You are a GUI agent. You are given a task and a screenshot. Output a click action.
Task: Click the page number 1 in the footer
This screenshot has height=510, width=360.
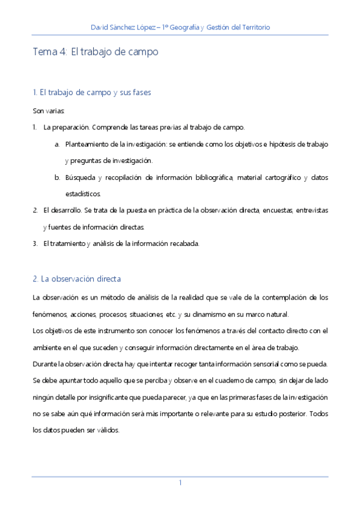pyautogui.click(x=180, y=483)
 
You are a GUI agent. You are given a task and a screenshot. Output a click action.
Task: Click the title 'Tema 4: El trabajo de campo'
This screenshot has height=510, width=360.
pyautogui.click(x=96, y=52)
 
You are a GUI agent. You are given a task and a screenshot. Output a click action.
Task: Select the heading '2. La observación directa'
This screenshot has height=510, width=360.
pyautogui.click(x=77, y=279)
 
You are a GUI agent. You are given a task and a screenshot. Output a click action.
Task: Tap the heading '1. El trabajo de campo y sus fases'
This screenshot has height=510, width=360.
pyautogui.click(x=91, y=93)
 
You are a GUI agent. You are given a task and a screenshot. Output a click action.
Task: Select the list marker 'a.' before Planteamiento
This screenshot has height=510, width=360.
pyautogui.click(x=57, y=144)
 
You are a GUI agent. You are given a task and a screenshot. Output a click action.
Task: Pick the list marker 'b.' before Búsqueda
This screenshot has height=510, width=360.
pyautogui.click(x=57, y=177)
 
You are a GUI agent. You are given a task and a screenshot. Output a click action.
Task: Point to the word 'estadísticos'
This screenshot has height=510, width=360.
pyautogui.click(x=83, y=194)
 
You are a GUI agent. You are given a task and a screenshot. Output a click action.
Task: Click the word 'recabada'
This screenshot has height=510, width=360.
pyautogui.click(x=184, y=244)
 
